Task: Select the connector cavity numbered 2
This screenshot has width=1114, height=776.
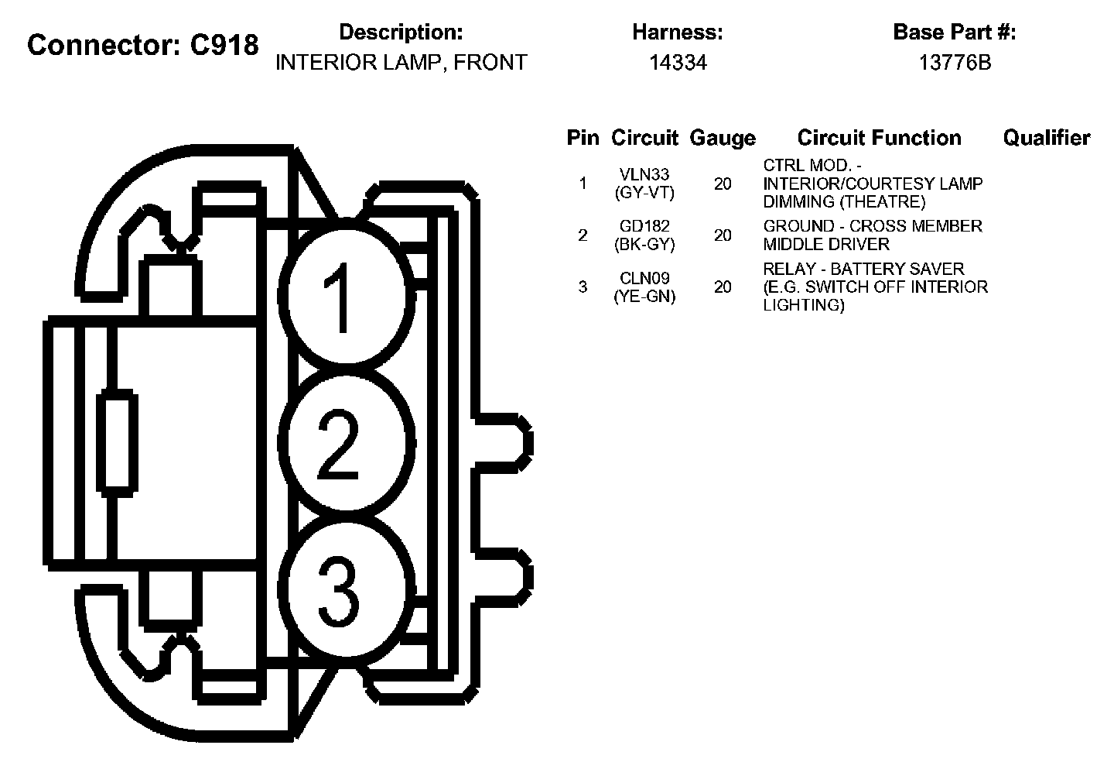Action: [343, 445]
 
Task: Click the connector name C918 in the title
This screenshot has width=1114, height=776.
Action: [224, 46]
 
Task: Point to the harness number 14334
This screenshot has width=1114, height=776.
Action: [678, 63]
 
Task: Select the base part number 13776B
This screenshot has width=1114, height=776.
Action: [955, 63]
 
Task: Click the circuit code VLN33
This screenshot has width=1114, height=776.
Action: [644, 175]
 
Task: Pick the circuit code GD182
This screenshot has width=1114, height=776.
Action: [644, 226]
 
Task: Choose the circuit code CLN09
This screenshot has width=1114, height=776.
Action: [644, 278]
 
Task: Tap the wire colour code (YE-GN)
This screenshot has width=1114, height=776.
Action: [644, 296]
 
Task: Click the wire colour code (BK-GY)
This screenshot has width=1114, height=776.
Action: [644, 244]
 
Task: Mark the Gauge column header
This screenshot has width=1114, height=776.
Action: [723, 138]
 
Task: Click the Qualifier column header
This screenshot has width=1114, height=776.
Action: [1046, 138]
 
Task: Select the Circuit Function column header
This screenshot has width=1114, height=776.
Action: [879, 138]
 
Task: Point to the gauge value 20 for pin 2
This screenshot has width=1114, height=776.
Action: [723, 235]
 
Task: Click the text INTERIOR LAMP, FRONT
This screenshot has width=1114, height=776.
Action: [401, 63]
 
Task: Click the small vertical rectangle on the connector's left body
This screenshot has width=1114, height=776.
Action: [118, 442]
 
